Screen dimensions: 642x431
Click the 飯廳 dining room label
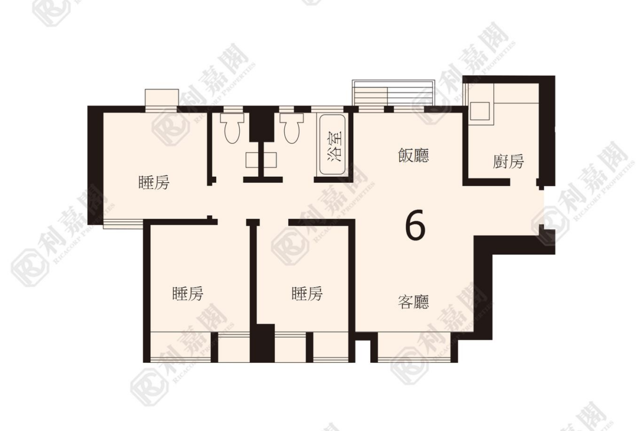(x=414, y=156)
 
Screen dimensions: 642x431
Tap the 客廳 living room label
(x=414, y=302)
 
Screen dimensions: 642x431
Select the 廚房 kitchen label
(x=508, y=161)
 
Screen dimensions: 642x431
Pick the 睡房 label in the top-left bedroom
(x=154, y=182)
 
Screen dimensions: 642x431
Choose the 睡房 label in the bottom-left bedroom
(x=188, y=294)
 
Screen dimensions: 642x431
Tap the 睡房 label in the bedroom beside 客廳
(x=307, y=294)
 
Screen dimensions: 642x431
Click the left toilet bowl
(x=232, y=128)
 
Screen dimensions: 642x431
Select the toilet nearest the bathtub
(x=291, y=128)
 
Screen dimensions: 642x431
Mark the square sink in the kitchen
(x=480, y=111)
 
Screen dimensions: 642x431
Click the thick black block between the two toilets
(x=262, y=124)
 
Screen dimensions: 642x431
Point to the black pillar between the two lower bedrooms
(x=262, y=343)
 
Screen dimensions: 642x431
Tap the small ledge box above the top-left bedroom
(x=162, y=98)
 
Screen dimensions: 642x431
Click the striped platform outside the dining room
(x=393, y=93)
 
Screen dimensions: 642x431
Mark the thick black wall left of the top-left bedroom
(x=95, y=164)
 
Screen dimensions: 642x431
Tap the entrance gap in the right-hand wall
(x=544, y=207)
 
